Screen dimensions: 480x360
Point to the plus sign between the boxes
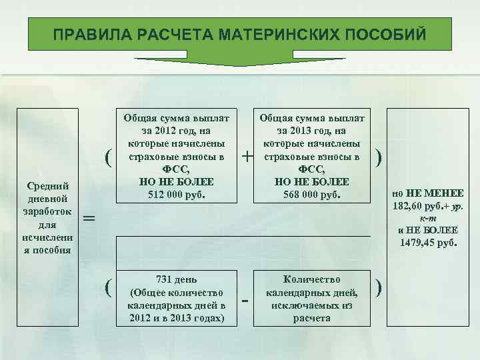tap(247, 157)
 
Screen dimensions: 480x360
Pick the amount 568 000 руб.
tap(312, 195)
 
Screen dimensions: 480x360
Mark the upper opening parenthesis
tap(107, 157)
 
